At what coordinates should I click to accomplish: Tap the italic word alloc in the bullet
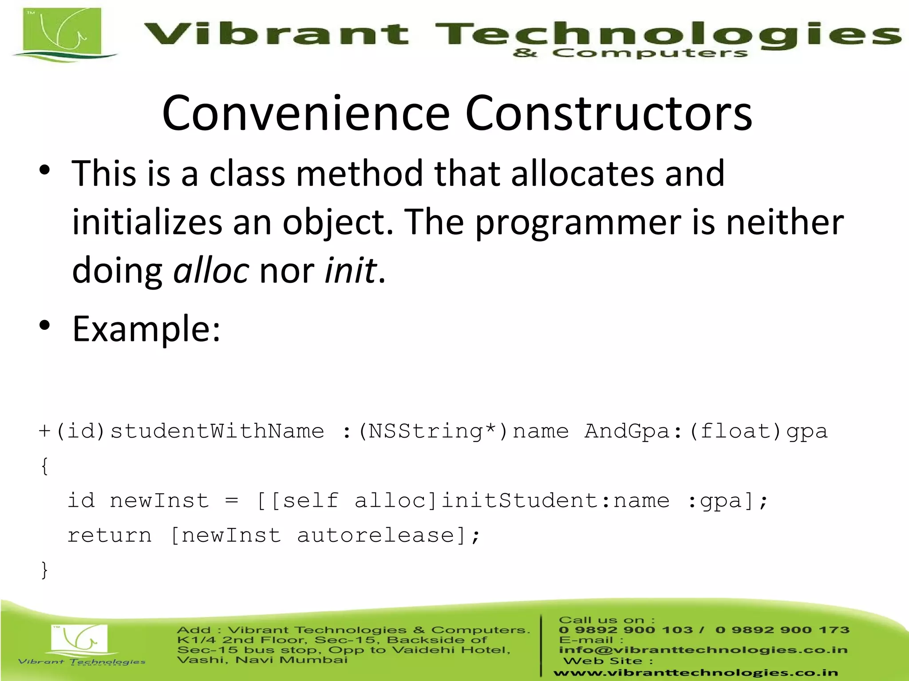[x=211, y=270]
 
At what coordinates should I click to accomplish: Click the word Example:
[x=146, y=329]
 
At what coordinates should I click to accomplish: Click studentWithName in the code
[x=217, y=431]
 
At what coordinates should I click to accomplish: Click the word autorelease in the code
[x=375, y=536]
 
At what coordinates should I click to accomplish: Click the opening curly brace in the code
[x=44, y=466]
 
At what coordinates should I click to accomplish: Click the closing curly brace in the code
[x=44, y=570]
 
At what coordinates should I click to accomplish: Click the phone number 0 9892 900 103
[x=626, y=630]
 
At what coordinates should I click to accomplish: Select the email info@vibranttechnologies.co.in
[x=703, y=650]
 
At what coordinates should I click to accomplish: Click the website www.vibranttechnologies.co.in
[x=696, y=673]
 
